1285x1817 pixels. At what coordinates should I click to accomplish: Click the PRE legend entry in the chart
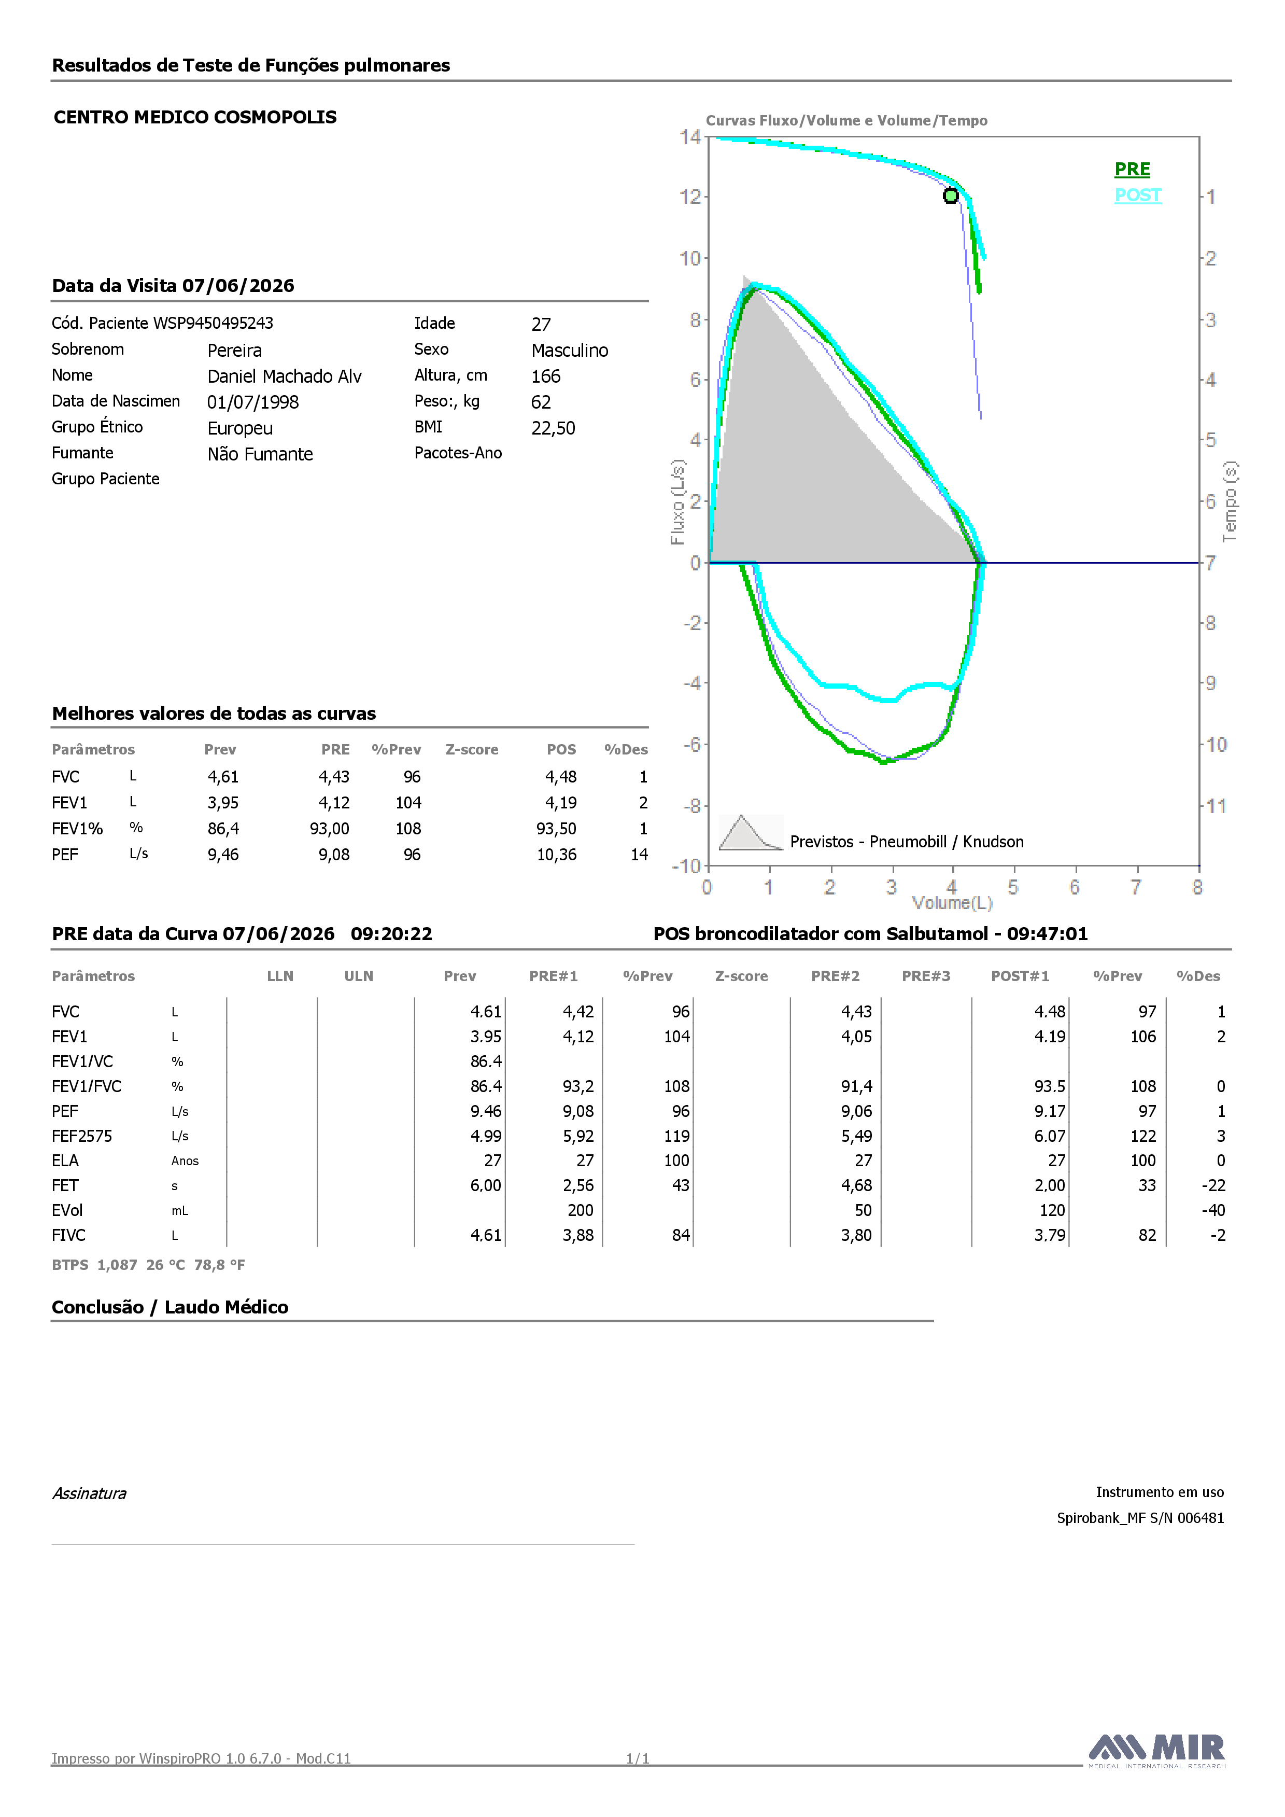click(1132, 170)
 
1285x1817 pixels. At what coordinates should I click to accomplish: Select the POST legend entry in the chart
click(1138, 195)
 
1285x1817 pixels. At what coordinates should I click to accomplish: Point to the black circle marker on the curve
click(951, 195)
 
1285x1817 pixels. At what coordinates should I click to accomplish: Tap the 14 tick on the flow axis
click(690, 137)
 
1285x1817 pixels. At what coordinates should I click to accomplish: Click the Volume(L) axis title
click(952, 903)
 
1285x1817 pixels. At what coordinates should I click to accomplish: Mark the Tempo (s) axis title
click(1230, 502)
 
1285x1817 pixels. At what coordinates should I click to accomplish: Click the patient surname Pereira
click(234, 351)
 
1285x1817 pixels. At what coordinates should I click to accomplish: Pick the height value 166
click(546, 376)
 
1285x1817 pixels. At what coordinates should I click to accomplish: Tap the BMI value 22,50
click(553, 428)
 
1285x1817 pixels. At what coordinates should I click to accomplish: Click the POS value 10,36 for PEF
click(557, 855)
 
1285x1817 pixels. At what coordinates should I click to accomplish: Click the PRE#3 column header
click(926, 976)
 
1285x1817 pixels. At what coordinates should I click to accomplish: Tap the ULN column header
click(358, 976)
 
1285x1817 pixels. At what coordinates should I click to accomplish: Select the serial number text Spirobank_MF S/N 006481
click(1140, 1518)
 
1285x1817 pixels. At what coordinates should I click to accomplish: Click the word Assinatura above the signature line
click(89, 1493)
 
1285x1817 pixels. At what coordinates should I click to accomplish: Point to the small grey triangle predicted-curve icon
click(750, 832)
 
